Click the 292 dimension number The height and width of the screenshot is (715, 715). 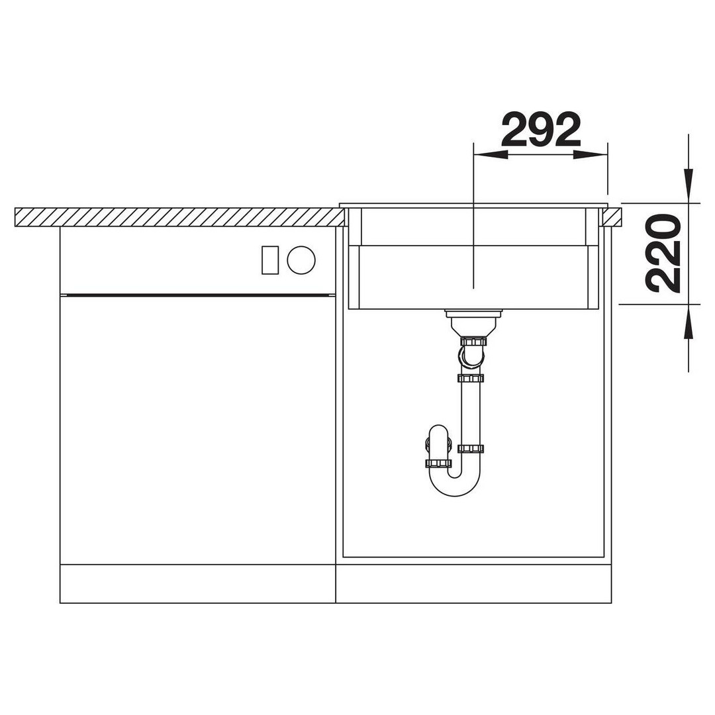coord(541,129)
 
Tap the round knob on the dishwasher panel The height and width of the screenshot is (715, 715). coord(301,260)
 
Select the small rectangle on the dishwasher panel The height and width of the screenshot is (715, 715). coord(270,260)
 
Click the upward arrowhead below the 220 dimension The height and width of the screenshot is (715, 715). coord(689,322)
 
